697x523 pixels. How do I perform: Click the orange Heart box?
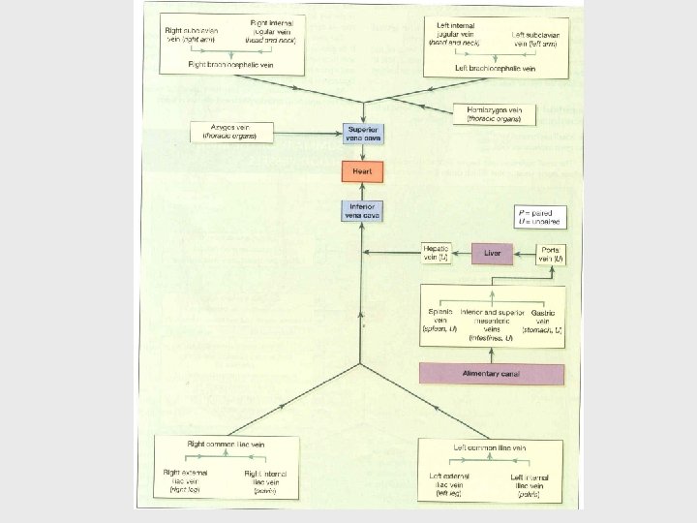coord(362,172)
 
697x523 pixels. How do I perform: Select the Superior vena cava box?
coord(362,135)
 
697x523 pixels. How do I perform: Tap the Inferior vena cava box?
coord(362,210)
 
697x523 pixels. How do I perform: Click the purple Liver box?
coord(492,255)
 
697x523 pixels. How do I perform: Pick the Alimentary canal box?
coord(492,374)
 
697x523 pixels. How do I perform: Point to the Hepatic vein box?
coord(435,254)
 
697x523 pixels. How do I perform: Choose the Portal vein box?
coord(552,255)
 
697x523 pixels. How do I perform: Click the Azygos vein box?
coord(230,131)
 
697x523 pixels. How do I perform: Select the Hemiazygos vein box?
coord(494,113)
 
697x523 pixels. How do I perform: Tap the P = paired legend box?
coord(541,217)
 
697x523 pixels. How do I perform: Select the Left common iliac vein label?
coord(490,446)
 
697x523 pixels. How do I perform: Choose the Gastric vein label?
coord(542,320)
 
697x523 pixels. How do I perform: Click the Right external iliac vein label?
coord(185,479)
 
